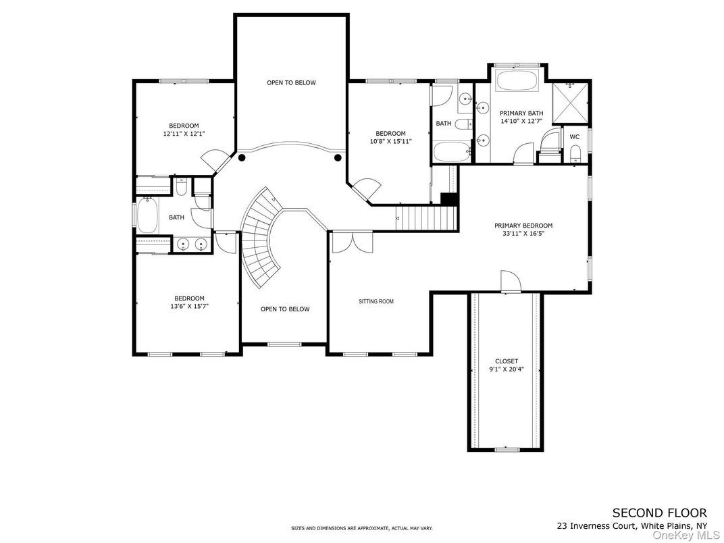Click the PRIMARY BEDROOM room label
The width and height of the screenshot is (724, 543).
pos(523,226)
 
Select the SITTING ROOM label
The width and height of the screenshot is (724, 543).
pos(376,301)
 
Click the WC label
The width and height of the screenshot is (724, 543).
pos(575,136)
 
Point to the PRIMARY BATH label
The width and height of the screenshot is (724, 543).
pos(521,113)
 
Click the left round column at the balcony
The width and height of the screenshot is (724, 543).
pos(241,158)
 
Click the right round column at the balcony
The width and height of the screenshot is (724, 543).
pos(337,158)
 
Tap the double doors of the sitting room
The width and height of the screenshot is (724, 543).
pos(352,241)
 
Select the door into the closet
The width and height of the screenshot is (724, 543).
pos(508,282)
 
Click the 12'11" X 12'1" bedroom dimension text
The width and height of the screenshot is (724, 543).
pos(184,134)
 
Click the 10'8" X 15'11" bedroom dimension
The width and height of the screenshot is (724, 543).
pos(390,141)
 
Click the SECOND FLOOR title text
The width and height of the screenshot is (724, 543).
pos(659,513)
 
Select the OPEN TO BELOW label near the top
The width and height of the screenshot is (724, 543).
pos(291,82)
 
